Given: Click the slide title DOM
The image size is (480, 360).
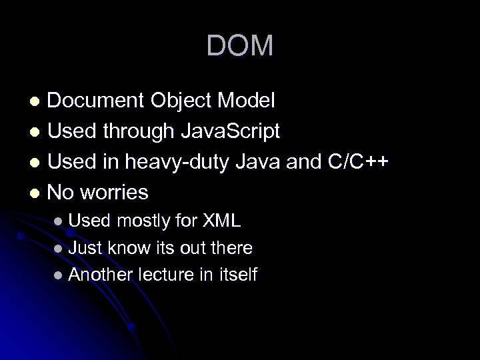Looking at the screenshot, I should [240, 46].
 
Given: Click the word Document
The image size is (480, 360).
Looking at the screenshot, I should [99, 101].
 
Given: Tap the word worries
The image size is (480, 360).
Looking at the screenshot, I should [115, 193].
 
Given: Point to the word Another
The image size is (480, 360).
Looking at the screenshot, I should [101, 275].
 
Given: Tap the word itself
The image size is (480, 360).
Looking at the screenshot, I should [237, 275].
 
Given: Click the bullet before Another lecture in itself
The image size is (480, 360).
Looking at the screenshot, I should [61, 275].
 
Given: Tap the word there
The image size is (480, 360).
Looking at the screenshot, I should [231, 248].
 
